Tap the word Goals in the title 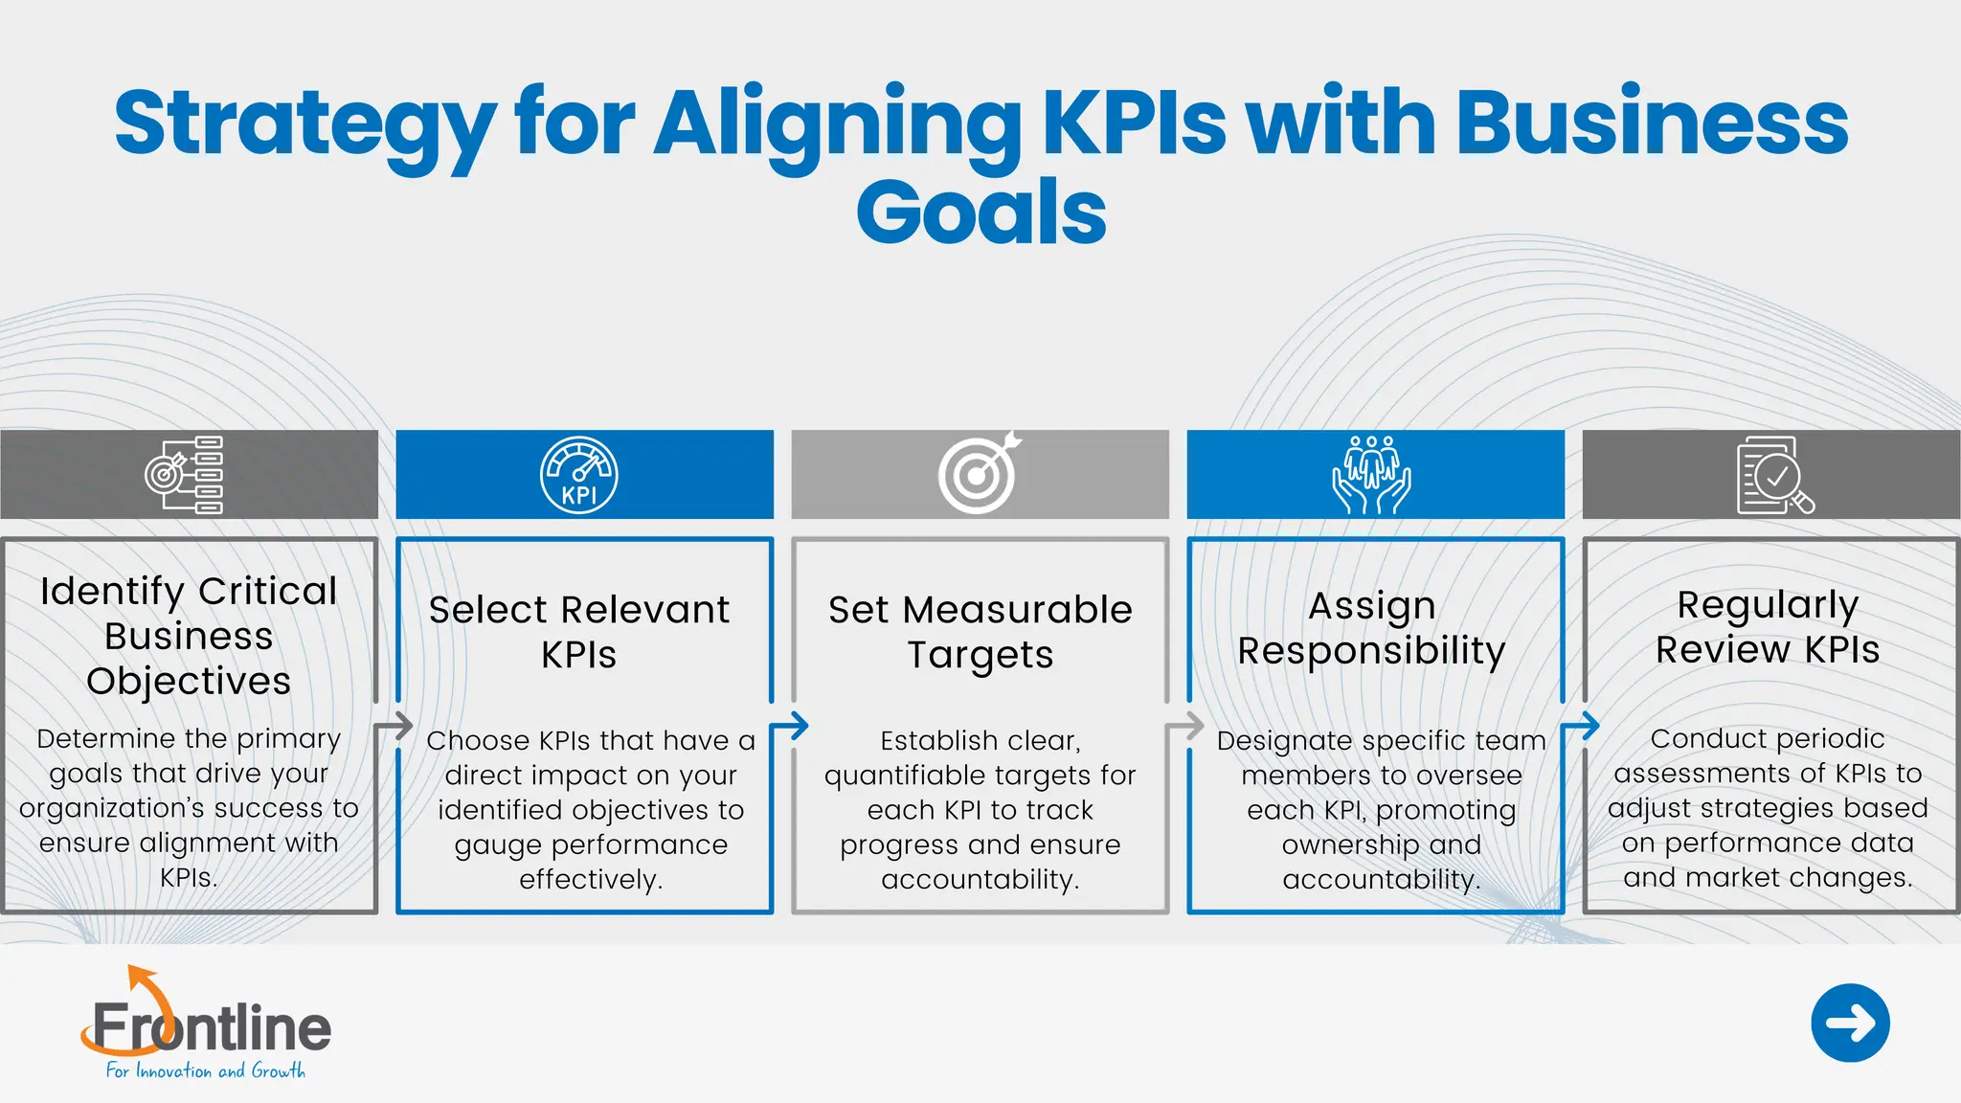tap(980, 213)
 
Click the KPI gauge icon tap(579, 475)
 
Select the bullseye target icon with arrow tap(979, 474)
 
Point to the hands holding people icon tap(1371, 475)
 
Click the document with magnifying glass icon tap(1774, 475)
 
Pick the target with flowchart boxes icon tap(185, 475)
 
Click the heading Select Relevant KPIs tap(579, 632)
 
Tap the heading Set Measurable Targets tap(980, 632)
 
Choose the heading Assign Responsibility tap(1371, 628)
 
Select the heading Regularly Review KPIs tap(1768, 627)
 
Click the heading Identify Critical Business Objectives tap(189, 636)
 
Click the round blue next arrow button tap(1850, 1023)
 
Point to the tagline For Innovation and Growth tap(206, 1070)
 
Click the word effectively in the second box tap(591, 879)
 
